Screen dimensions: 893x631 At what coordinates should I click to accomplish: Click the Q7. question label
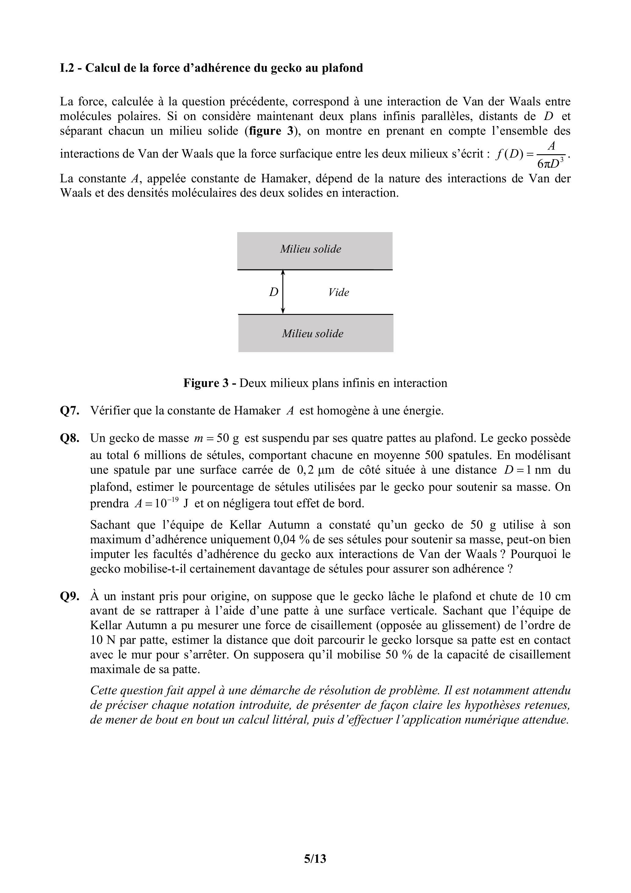[70, 411]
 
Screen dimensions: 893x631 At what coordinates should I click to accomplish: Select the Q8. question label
[70, 438]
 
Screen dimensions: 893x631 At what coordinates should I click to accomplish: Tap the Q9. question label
[70, 596]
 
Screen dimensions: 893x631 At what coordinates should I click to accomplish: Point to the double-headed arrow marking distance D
[283, 292]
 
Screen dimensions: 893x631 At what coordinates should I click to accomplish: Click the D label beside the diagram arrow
[274, 292]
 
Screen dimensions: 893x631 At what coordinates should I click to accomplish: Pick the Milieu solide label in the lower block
[313, 333]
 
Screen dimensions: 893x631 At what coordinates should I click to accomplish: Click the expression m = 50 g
[216, 438]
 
